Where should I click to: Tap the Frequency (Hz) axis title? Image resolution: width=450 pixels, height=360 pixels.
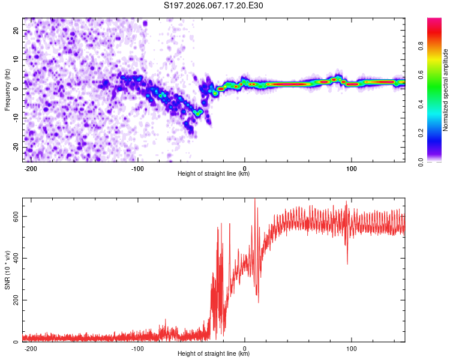[7, 89]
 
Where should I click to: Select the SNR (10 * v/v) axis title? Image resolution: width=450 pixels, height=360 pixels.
[7, 270]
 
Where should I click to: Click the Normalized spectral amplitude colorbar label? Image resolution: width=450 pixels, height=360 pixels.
[446, 90]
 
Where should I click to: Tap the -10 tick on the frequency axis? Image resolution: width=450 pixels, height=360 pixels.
[15, 118]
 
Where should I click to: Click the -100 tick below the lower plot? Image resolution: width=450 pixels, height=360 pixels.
[137, 348]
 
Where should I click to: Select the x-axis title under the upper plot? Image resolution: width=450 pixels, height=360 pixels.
[214, 174]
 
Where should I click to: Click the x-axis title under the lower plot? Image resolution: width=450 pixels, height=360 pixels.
[214, 354]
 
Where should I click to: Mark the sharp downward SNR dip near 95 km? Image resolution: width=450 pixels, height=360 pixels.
[347, 263]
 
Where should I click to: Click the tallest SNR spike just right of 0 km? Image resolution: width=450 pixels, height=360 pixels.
[255, 200]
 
